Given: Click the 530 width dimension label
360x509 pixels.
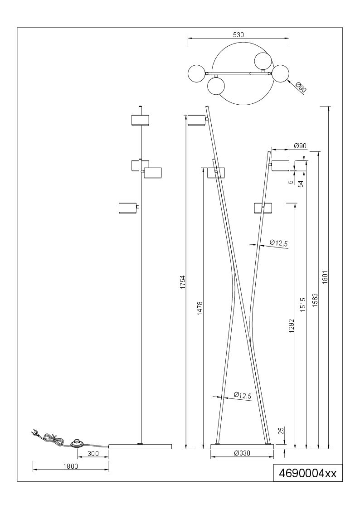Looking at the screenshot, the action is pyautogui.click(x=238, y=35).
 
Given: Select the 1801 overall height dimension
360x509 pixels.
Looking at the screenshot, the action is pyautogui.click(x=325, y=277).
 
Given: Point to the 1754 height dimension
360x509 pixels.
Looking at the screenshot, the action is pyautogui.click(x=183, y=282).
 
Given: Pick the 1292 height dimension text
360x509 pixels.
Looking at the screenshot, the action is pyautogui.click(x=291, y=326).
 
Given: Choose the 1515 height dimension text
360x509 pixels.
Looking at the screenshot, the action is pyautogui.click(x=303, y=305).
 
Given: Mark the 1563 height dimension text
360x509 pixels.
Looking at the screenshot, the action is pyautogui.click(x=314, y=301).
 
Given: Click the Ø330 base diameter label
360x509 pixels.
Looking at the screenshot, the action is pyautogui.click(x=242, y=453).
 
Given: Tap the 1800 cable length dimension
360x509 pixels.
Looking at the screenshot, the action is pyautogui.click(x=71, y=466).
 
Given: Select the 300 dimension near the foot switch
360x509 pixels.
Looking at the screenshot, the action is pyautogui.click(x=93, y=454).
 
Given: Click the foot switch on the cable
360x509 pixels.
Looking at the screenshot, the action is pyautogui.click(x=77, y=443).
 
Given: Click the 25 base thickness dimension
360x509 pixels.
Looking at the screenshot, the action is pyautogui.click(x=282, y=431).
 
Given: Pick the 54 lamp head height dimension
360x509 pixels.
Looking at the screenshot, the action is pyautogui.click(x=301, y=184).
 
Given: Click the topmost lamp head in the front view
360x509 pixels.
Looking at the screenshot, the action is pyautogui.click(x=140, y=120).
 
